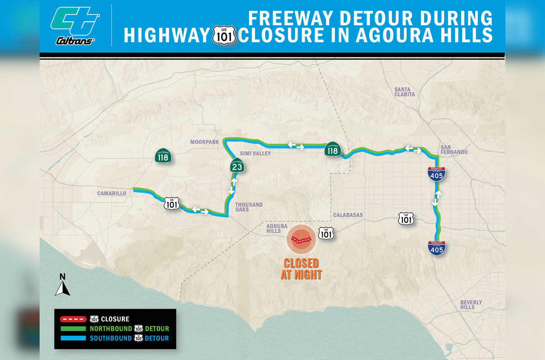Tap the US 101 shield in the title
224,35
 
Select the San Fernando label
454,149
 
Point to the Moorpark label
204,142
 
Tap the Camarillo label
112,193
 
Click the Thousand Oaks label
249,207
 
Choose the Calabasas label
348,215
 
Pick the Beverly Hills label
471,305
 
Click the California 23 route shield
236,166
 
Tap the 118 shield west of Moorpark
162,156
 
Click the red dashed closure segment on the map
302,239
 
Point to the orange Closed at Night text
301,269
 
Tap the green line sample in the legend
72,329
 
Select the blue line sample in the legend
72,338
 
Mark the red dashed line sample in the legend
72,319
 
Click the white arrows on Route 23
233,185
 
